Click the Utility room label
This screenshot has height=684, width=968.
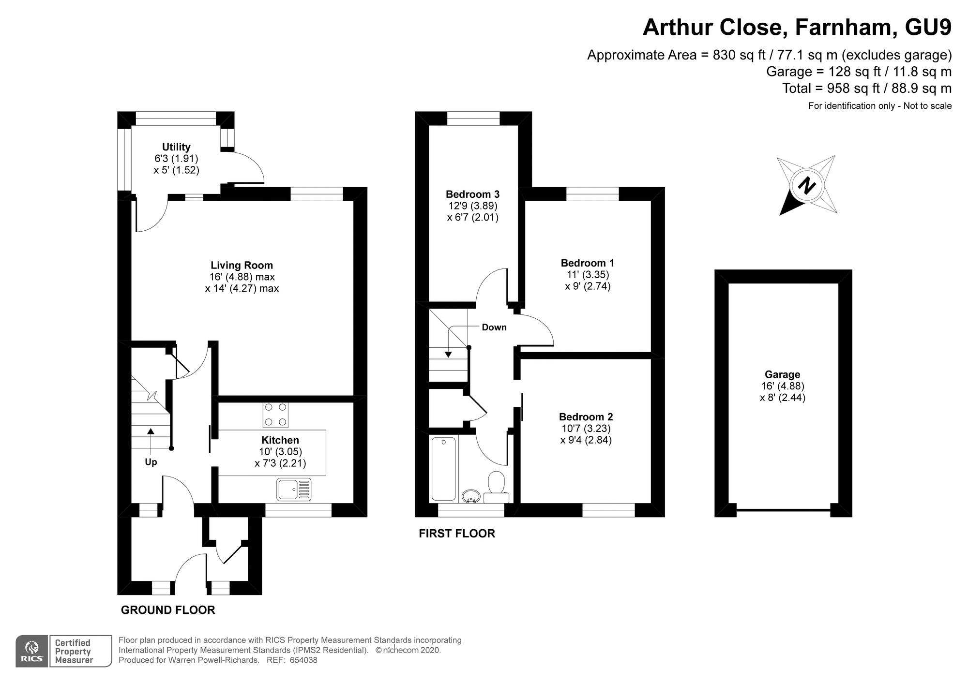click(x=176, y=147)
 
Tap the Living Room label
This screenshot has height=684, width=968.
click(x=242, y=265)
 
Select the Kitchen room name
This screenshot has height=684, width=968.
click(x=280, y=440)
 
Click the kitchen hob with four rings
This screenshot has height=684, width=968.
click(x=275, y=415)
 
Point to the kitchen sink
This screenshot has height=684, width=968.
click(x=294, y=490)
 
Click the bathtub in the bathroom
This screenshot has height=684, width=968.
click(x=444, y=469)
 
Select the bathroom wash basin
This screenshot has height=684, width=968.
click(x=471, y=496)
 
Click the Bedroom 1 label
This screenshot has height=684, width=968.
click(x=588, y=263)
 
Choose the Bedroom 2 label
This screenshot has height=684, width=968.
click(x=586, y=417)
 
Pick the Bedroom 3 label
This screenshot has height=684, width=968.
click(x=472, y=194)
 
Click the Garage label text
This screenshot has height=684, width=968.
click(x=782, y=374)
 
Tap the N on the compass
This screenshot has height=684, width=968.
click(x=806, y=186)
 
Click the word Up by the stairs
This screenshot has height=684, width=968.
click(x=151, y=462)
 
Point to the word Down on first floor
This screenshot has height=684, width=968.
click(x=494, y=327)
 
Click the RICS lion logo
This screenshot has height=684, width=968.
click(x=32, y=651)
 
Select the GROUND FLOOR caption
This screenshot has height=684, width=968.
click(x=168, y=610)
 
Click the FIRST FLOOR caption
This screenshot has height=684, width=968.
click(x=457, y=534)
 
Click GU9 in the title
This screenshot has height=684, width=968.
click(x=928, y=27)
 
